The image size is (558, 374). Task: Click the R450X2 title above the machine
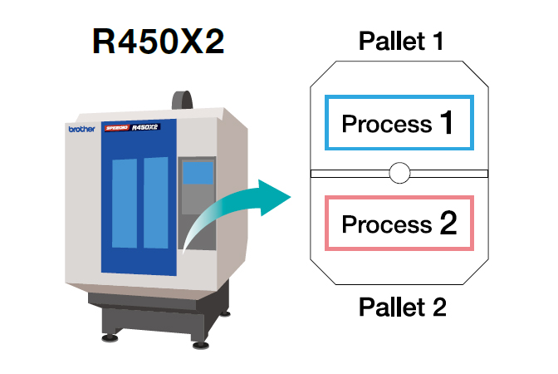coord(158,42)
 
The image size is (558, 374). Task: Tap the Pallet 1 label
coord(402,41)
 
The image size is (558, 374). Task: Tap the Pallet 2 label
coord(403,308)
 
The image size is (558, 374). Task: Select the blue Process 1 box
coord(399,123)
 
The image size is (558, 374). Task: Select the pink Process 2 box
coord(399,224)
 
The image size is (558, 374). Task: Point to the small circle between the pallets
coord(399,173)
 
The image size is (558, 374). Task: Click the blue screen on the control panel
coord(198,173)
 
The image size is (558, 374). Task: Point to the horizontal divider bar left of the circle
coord(349,174)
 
